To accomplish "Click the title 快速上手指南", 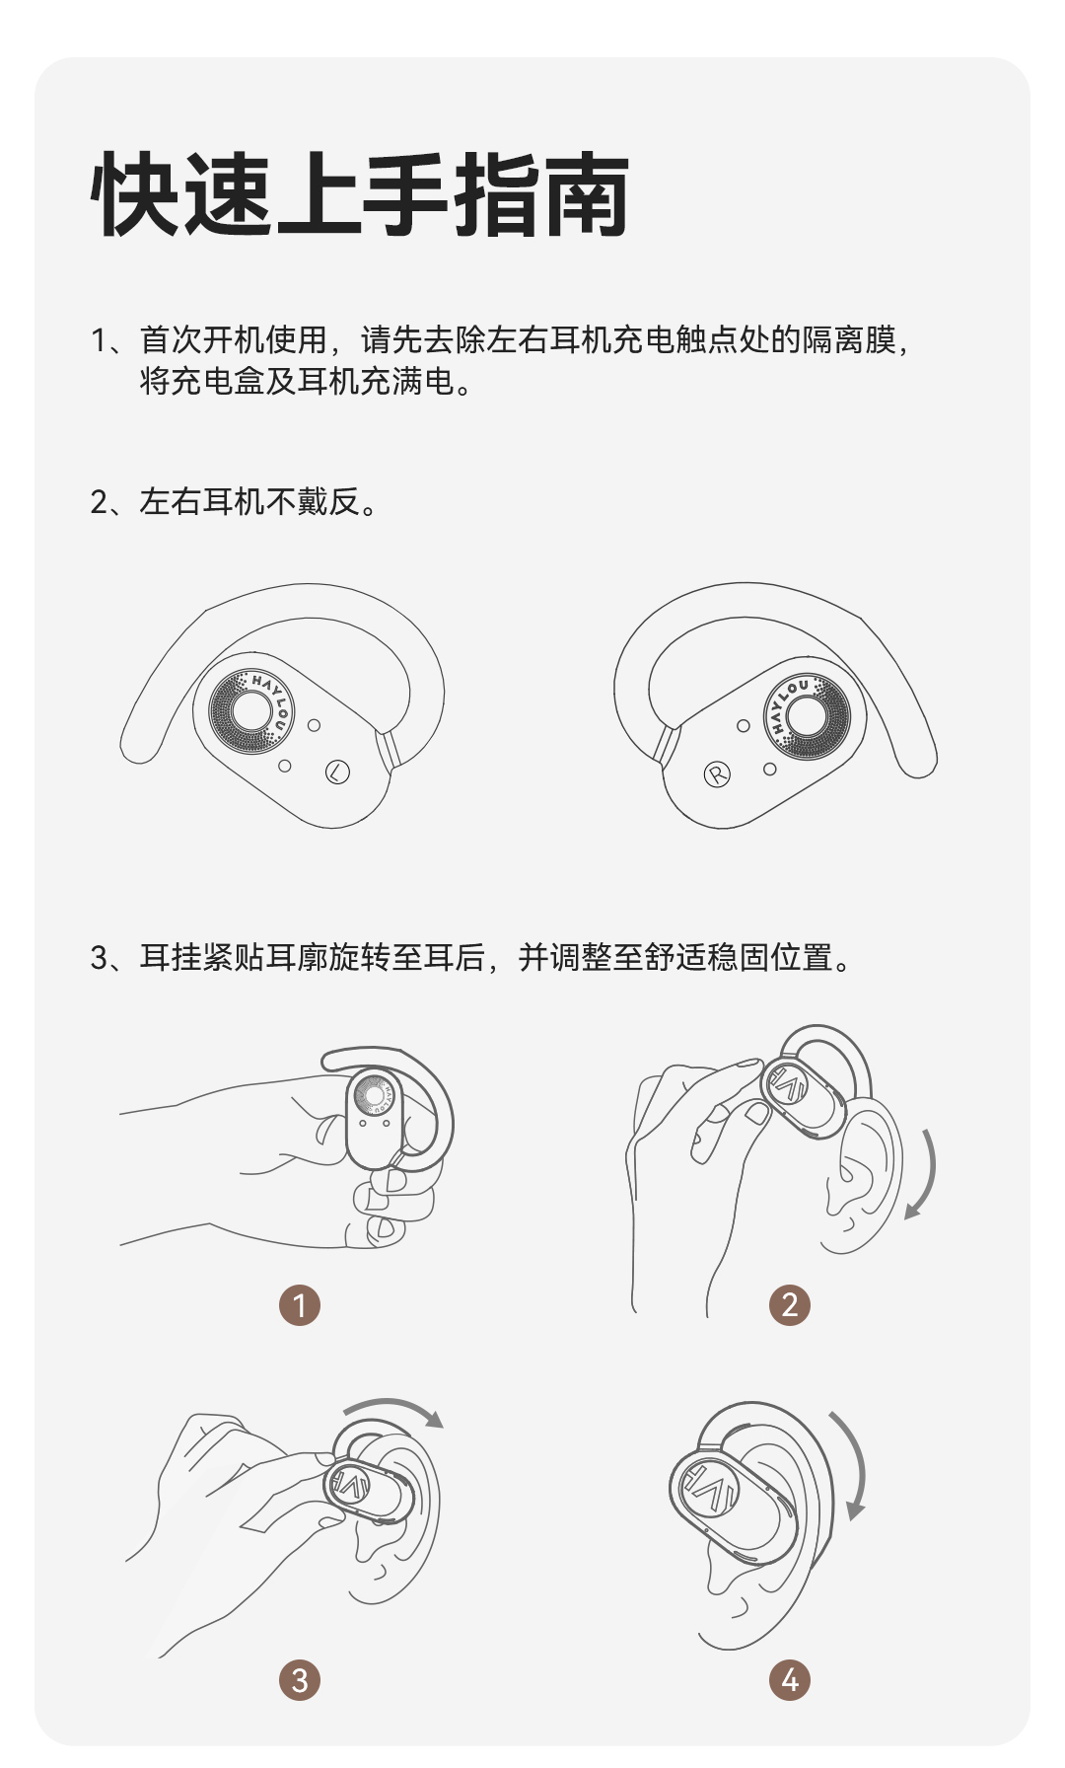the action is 360,194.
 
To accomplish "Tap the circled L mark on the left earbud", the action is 337,772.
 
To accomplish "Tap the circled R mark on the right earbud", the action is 717,774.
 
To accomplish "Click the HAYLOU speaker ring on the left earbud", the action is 251,711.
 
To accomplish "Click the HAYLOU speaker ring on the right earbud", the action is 806,716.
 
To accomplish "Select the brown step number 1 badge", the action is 300,1305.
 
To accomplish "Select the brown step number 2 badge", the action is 789,1305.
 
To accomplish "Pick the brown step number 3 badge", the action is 300,1679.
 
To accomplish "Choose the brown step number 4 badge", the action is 789,1679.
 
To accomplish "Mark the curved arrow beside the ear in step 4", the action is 859,1462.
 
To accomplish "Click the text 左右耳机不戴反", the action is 248,502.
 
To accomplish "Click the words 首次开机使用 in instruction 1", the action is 234,340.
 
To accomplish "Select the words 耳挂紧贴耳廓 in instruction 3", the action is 234,957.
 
